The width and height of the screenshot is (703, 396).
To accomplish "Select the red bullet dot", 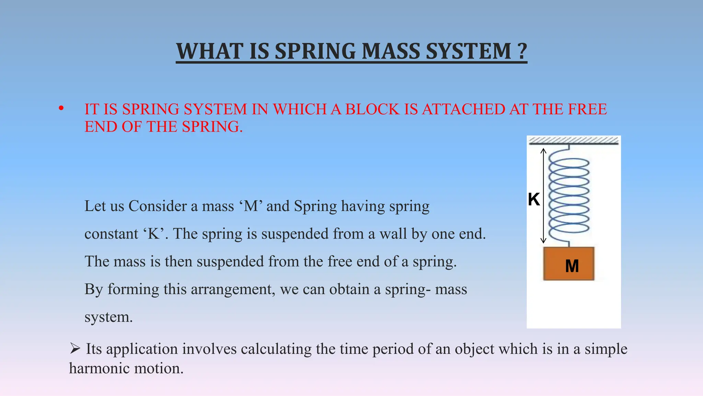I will (x=61, y=109).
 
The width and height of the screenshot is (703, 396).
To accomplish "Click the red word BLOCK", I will (x=372, y=109).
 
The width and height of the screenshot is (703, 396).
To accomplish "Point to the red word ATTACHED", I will (x=463, y=109).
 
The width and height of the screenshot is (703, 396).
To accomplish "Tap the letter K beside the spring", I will (x=534, y=199).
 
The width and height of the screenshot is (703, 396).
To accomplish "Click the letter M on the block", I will (x=572, y=266).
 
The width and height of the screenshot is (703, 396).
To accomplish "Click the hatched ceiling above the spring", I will (x=574, y=140).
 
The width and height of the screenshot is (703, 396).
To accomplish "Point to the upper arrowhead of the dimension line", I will (x=543, y=150).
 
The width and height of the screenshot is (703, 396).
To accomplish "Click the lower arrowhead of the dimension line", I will (x=543, y=241).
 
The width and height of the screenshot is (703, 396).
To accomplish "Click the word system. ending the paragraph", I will (x=108, y=317).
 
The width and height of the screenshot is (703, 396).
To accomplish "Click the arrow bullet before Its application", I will (x=75, y=349).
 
